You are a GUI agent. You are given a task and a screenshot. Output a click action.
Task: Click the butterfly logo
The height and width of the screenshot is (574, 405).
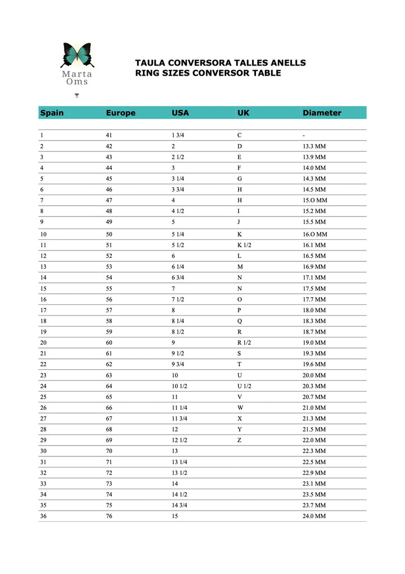[x=76, y=55]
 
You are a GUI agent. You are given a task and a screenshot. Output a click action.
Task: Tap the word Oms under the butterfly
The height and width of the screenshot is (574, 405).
[x=77, y=82]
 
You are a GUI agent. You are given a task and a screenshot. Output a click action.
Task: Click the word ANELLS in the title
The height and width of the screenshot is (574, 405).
[x=286, y=63]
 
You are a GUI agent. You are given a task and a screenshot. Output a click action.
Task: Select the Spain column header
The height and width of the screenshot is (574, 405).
[x=52, y=113]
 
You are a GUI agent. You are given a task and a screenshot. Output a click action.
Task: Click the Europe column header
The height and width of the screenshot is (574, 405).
[x=120, y=113]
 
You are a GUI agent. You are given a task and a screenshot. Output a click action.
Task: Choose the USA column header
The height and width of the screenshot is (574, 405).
[x=180, y=113]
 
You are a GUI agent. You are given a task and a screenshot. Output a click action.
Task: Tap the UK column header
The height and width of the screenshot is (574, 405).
[x=243, y=113]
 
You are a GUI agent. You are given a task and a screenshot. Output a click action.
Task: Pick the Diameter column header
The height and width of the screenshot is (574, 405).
[x=322, y=113]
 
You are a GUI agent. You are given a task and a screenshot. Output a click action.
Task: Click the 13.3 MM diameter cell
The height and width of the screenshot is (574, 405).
[x=314, y=146]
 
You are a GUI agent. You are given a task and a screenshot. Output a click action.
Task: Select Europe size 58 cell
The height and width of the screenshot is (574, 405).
[x=109, y=321]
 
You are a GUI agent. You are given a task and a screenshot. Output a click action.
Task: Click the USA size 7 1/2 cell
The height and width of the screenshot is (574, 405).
[x=178, y=299]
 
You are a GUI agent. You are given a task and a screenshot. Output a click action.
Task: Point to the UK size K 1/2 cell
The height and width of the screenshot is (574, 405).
[x=244, y=245]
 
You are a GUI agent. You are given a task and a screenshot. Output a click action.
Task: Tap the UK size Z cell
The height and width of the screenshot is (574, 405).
[x=240, y=440]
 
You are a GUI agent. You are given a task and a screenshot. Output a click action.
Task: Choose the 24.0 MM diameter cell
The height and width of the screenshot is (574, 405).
[x=314, y=516]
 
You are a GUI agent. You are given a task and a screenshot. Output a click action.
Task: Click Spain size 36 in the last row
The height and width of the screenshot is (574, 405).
[x=43, y=516]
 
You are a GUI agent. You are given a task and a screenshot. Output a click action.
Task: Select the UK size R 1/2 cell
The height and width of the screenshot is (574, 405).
[x=244, y=342]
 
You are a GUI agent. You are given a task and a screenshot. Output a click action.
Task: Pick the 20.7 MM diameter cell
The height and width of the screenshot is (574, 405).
[x=314, y=397]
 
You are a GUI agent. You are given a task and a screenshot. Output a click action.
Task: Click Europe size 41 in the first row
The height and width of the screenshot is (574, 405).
[x=109, y=135]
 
